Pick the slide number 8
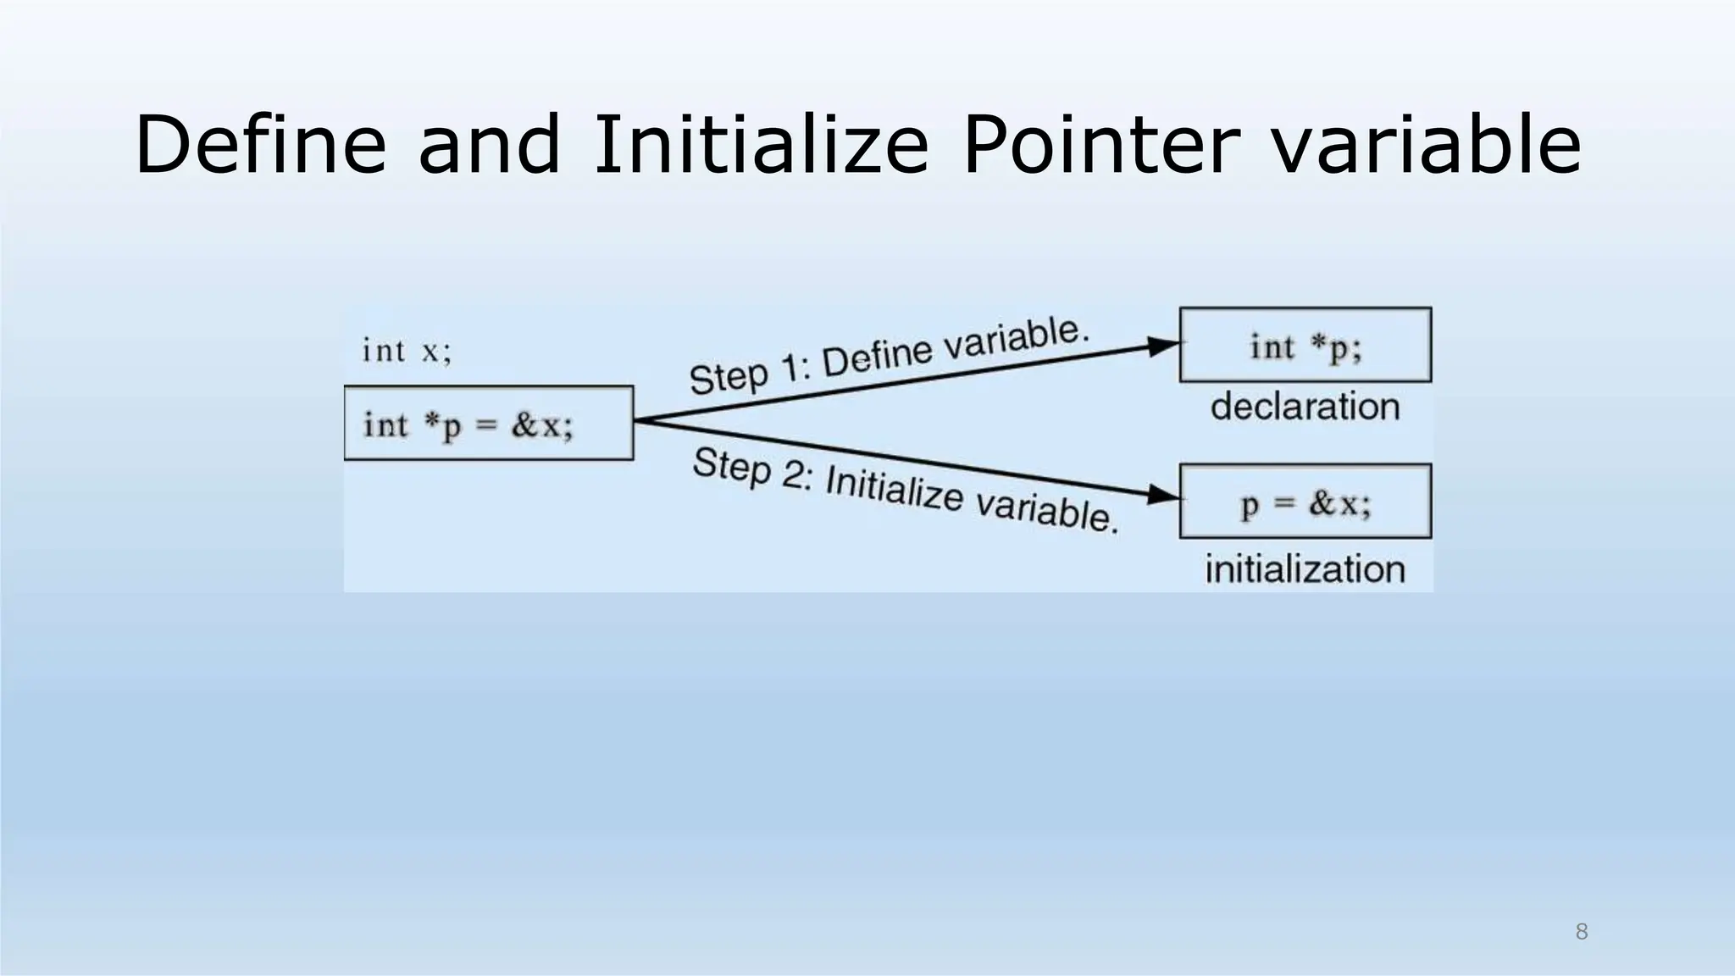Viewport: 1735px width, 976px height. click(x=1581, y=933)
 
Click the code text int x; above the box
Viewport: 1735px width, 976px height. click(x=407, y=351)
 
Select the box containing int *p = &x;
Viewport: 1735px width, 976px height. click(x=489, y=424)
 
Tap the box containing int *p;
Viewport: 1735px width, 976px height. click(x=1305, y=345)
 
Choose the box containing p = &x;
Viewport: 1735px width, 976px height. click(x=1305, y=502)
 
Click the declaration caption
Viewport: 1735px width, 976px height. click(x=1305, y=407)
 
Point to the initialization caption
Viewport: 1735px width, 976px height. click(x=1305, y=568)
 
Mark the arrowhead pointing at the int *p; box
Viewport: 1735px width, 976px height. click(x=1164, y=345)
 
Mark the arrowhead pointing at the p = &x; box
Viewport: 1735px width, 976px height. click(x=1164, y=495)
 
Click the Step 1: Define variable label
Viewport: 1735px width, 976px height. click(x=888, y=356)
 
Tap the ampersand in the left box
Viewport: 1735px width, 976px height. click(x=525, y=424)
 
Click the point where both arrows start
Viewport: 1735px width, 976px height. click(x=635, y=420)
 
